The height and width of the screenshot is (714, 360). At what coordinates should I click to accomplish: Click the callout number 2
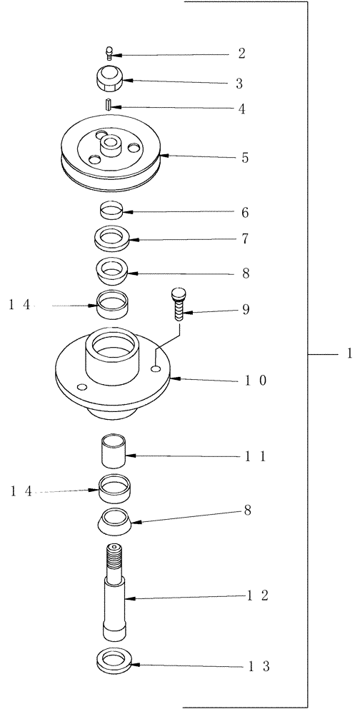pos(242,54)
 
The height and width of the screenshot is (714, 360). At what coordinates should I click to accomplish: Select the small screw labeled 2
pos(109,51)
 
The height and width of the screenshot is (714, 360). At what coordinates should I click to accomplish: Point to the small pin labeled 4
pos(107,106)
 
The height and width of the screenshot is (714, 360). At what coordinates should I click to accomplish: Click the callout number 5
pos(245,158)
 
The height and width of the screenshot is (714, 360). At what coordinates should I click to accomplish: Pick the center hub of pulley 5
pos(111,145)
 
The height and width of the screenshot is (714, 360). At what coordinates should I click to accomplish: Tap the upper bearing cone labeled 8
pos(111,271)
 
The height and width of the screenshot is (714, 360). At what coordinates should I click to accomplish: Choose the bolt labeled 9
pos(177,306)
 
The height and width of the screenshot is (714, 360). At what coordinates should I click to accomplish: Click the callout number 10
pos(253,381)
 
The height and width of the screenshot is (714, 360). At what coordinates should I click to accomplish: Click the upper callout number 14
pos(20,305)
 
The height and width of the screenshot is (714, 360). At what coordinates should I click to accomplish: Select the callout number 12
pos(254,596)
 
